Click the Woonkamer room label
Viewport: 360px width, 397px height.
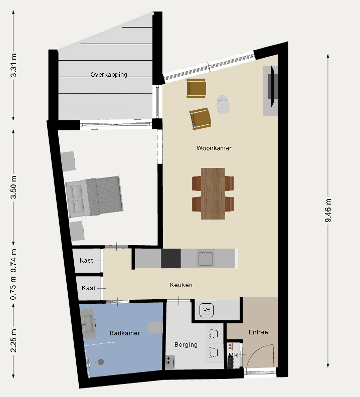pyautogui.click(x=214, y=148)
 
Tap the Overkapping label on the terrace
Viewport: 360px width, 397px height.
pyautogui.click(x=109, y=74)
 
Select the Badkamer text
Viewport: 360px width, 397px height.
pyautogui.click(x=125, y=333)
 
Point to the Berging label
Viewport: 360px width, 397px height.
pyautogui.click(x=186, y=345)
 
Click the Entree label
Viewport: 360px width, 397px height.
pyautogui.click(x=258, y=332)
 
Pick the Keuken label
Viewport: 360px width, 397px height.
pyautogui.click(x=181, y=285)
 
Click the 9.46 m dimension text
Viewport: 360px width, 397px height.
pyautogui.click(x=328, y=211)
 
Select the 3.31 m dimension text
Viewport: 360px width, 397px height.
pyautogui.click(x=14, y=65)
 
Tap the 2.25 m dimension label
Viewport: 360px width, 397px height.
pyautogui.click(x=14, y=341)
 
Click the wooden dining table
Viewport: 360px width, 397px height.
pyautogui.click(x=213, y=193)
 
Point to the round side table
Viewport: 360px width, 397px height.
pyautogui.click(x=223, y=105)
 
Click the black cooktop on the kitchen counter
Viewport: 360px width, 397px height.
pyautogui.click(x=171, y=258)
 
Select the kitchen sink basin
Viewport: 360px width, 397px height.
pyautogui.click(x=206, y=258)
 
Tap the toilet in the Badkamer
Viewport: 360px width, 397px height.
pyautogui.click(x=155, y=328)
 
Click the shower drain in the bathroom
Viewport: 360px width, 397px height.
pyautogui.click(x=101, y=362)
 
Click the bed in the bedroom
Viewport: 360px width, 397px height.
pyautogui.click(x=94, y=196)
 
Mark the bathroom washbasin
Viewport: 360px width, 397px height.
pyautogui.click(x=88, y=324)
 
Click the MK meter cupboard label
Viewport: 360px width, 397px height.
pyautogui.click(x=233, y=355)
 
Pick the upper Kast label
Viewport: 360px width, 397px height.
pyautogui.click(x=86, y=261)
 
